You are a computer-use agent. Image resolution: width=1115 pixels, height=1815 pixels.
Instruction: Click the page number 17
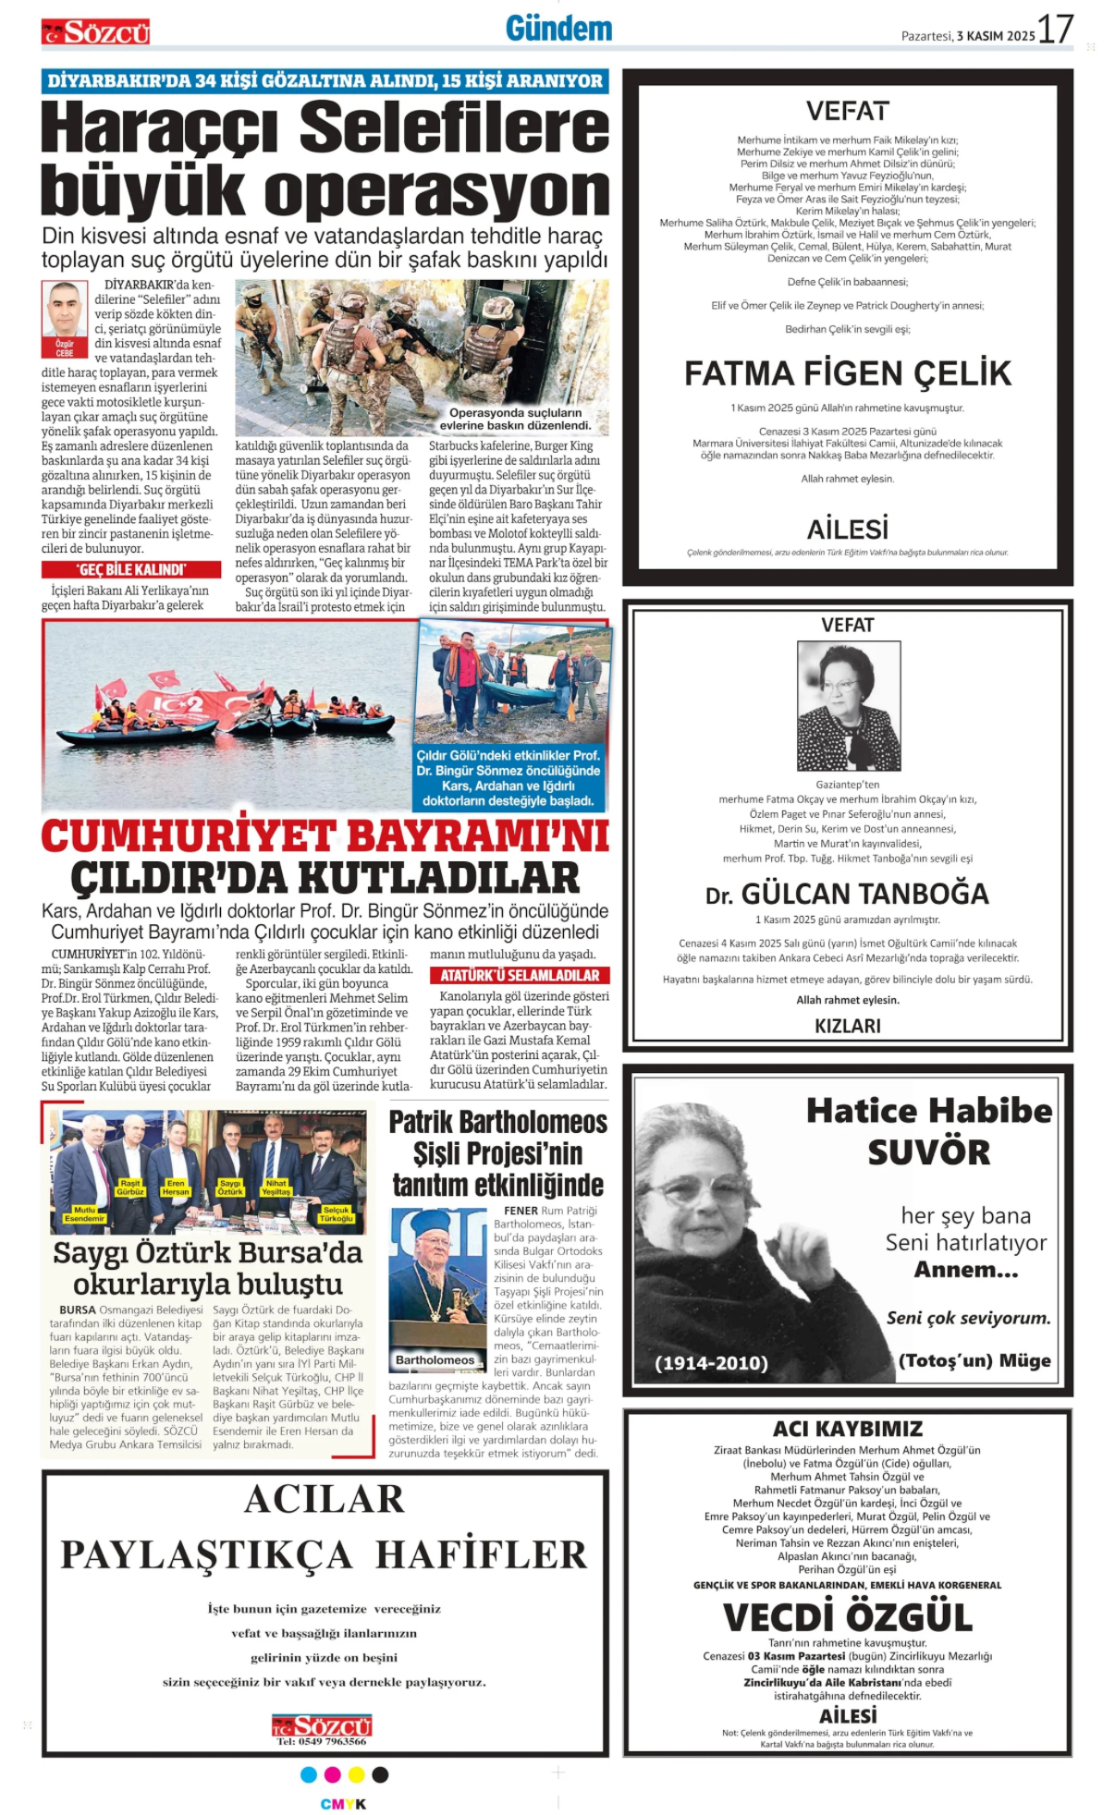pyautogui.click(x=1055, y=30)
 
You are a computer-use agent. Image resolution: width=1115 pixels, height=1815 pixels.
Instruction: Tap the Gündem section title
pyautogui.click(x=558, y=30)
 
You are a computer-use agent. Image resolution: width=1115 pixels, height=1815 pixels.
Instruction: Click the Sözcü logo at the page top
pyautogui.click(x=95, y=32)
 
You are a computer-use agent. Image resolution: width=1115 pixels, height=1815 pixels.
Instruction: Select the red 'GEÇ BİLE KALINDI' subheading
pyautogui.click(x=131, y=569)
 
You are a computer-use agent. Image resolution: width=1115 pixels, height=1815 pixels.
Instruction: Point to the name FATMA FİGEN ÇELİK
pyautogui.click(x=847, y=373)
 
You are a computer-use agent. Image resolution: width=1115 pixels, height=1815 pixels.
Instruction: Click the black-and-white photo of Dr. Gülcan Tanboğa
pyautogui.click(x=848, y=706)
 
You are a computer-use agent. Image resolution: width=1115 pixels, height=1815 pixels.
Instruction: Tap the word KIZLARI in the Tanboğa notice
pyautogui.click(x=847, y=1026)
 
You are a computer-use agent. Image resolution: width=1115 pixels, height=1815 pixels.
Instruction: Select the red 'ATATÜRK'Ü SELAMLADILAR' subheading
pyautogui.click(x=519, y=975)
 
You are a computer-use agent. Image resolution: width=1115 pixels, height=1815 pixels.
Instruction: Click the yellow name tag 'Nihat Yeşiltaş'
pyautogui.click(x=276, y=1187)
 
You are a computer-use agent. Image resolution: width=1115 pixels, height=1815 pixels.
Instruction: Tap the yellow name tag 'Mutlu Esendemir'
pyautogui.click(x=84, y=1213)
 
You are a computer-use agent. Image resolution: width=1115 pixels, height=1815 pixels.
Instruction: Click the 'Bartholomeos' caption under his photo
pyautogui.click(x=435, y=1359)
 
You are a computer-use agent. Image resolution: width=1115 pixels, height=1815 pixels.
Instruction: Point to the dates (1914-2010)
pyautogui.click(x=711, y=1363)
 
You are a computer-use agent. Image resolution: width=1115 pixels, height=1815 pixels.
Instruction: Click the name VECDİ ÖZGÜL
pyautogui.click(x=847, y=1617)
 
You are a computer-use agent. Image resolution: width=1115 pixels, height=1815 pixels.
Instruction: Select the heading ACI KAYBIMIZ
pyautogui.click(x=847, y=1429)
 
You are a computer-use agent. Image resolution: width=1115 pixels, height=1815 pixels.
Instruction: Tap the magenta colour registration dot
pyautogui.click(x=332, y=1774)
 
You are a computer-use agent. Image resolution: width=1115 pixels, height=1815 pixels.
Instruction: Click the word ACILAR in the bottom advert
pyautogui.click(x=325, y=1499)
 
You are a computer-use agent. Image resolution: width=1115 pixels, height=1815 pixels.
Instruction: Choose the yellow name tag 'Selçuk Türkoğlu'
pyautogui.click(x=336, y=1213)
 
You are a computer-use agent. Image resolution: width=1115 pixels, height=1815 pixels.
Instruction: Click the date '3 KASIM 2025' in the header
pyautogui.click(x=996, y=36)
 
